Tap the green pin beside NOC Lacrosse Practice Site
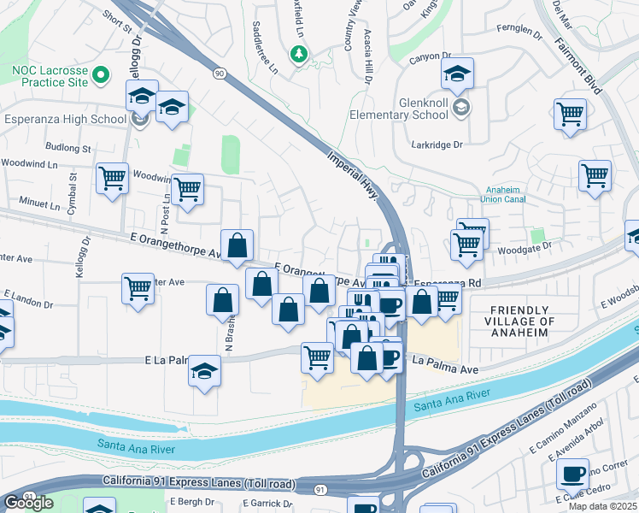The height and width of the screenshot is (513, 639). point(101,76)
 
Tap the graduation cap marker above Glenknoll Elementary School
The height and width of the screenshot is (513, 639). point(457,74)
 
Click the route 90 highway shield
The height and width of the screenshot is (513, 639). point(220,74)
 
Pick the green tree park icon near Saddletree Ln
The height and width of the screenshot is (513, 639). point(298,56)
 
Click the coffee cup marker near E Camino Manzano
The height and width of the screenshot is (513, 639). point(572,473)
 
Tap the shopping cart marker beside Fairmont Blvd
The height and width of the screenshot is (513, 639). point(570,114)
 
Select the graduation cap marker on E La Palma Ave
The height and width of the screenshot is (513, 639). point(204,371)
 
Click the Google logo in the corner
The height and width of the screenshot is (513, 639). point(29,503)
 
